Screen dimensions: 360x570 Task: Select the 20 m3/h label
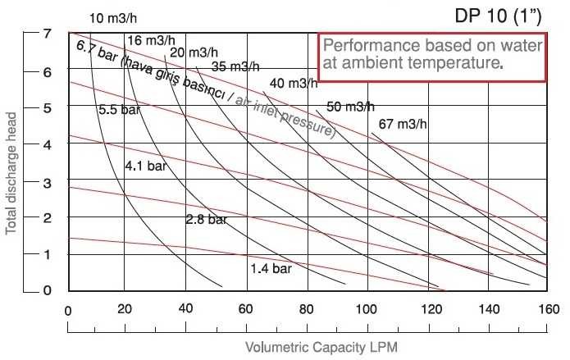[x=194, y=53]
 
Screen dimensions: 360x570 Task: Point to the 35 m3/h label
[x=235, y=66]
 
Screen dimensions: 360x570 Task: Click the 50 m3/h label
[x=350, y=107]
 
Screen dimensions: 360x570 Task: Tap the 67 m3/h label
[x=404, y=125]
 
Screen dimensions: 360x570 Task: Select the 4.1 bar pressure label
[x=144, y=166]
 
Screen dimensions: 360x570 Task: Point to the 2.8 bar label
[x=206, y=220]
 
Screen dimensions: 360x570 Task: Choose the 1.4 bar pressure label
[x=271, y=268]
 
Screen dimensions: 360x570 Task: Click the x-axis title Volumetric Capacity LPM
[x=308, y=347]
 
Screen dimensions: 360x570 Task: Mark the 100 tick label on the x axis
[x=367, y=310]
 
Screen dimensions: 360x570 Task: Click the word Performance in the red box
[x=363, y=45]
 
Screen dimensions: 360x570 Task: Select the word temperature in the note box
[x=458, y=61]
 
